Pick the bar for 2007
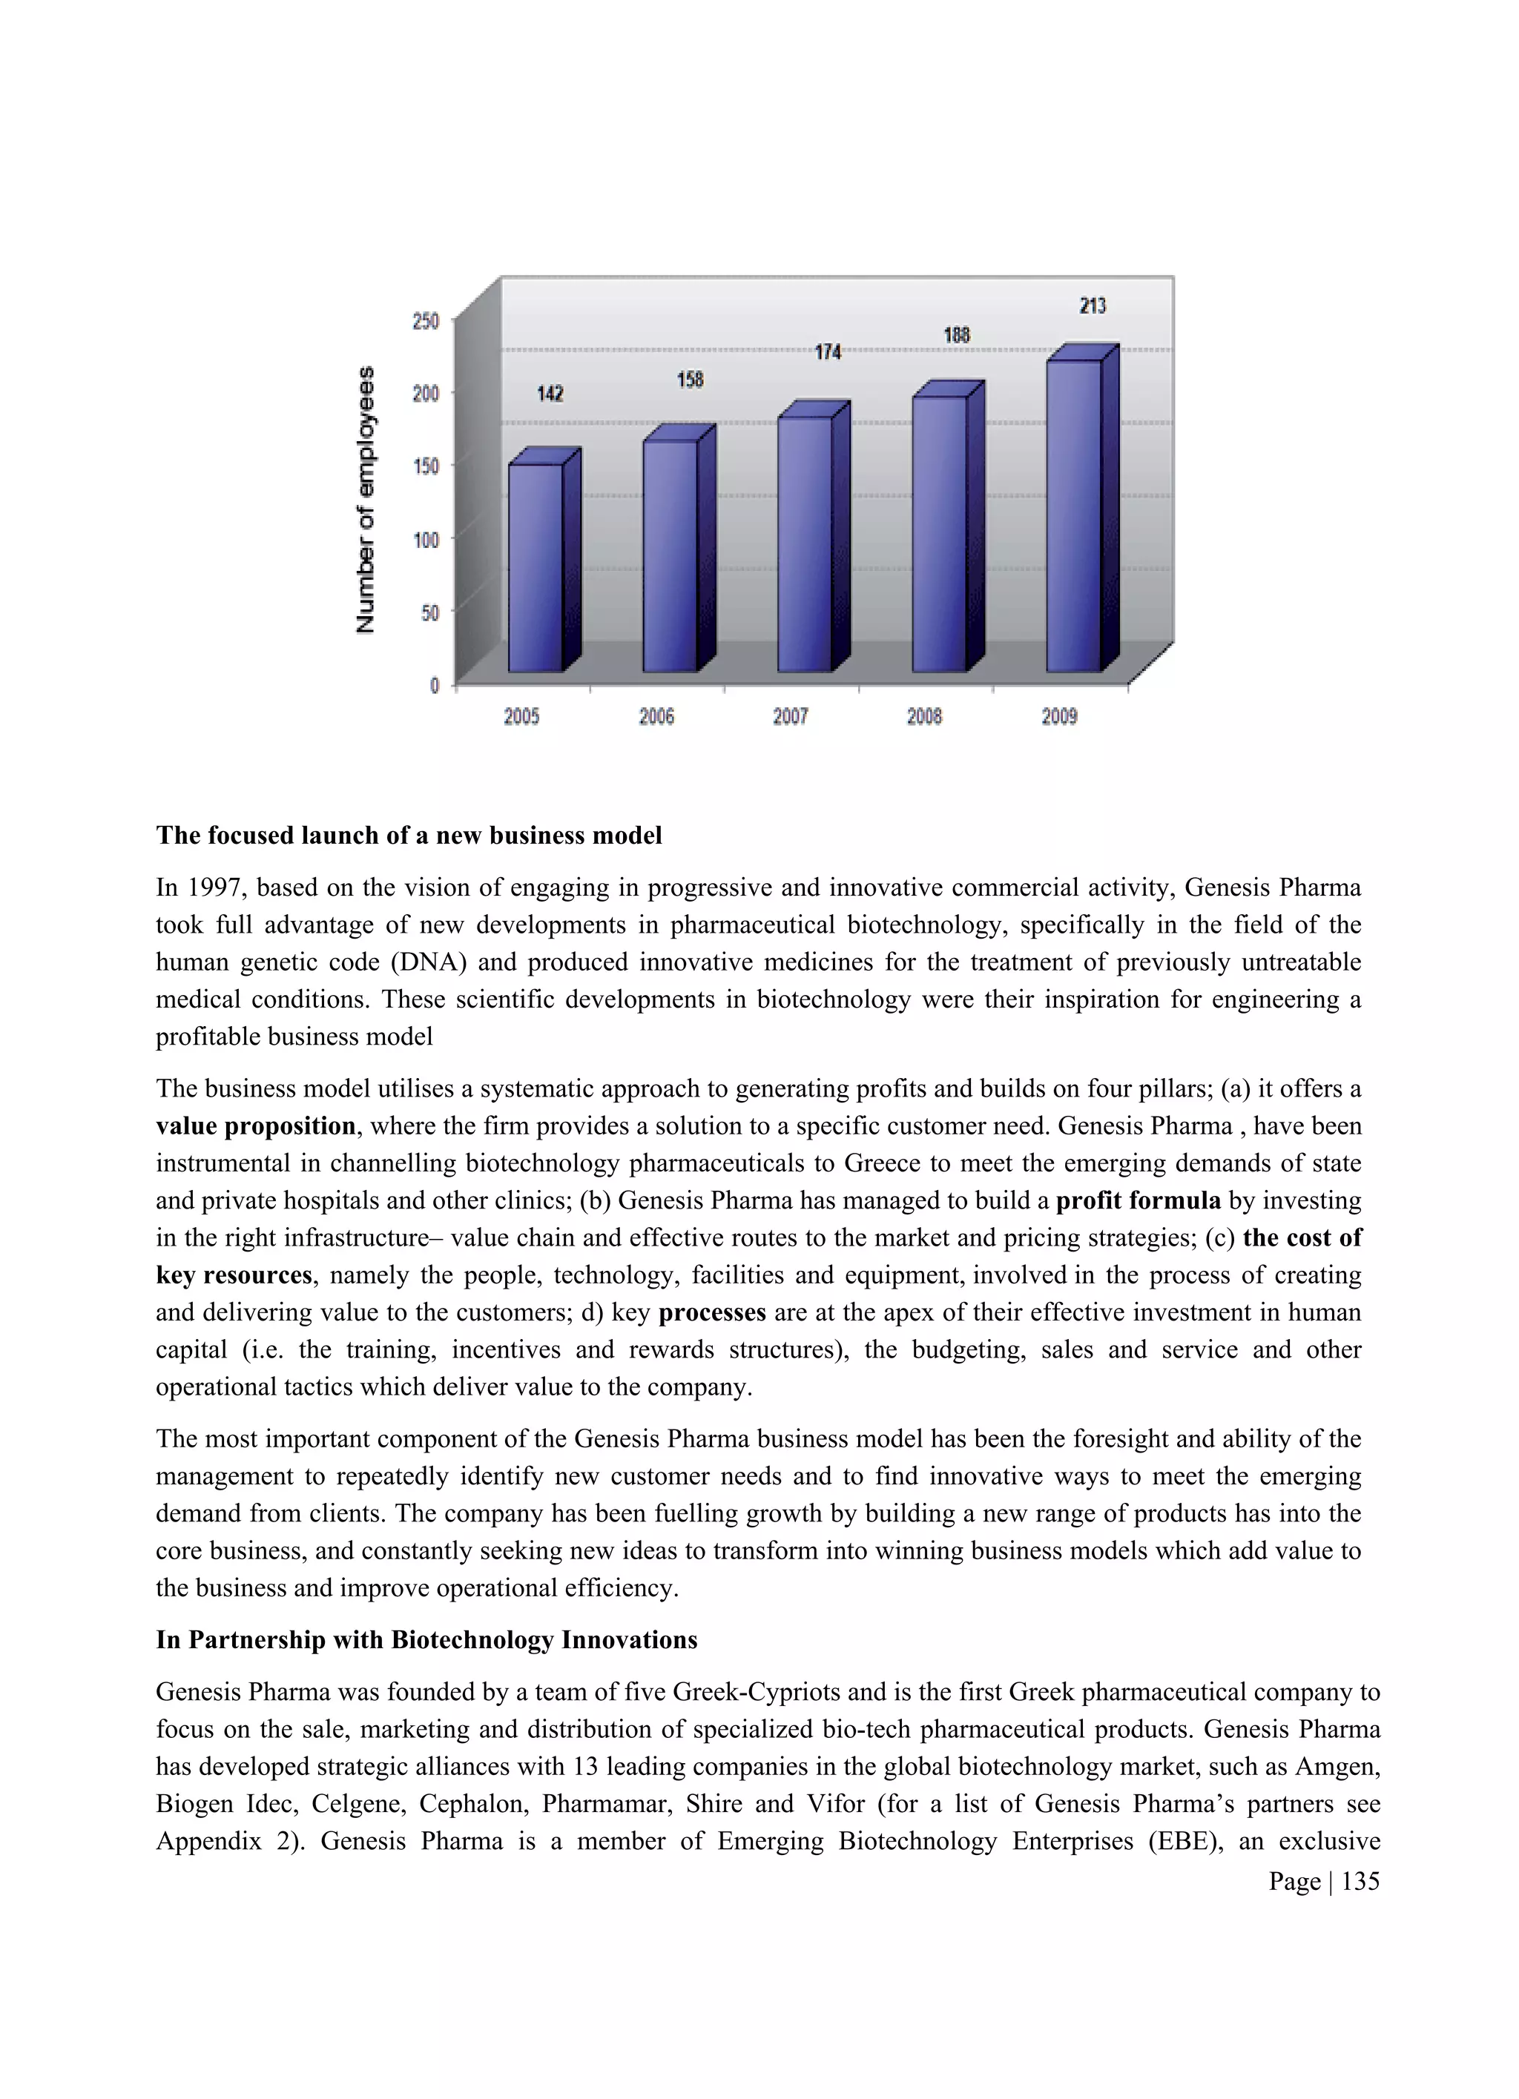(x=805, y=543)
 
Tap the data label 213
(x=1093, y=306)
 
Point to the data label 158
(x=690, y=380)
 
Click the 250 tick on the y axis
(x=426, y=321)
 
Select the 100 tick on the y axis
(x=426, y=538)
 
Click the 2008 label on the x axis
(x=925, y=716)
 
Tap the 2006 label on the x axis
(x=656, y=716)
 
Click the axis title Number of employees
(x=366, y=500)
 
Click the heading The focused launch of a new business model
(x=408, y=836)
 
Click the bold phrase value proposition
(x=254, y=1126)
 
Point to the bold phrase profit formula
(x=1138, y=1201)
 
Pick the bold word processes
(x=712, y=1312)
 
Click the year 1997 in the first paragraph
(x=215, y=888)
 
